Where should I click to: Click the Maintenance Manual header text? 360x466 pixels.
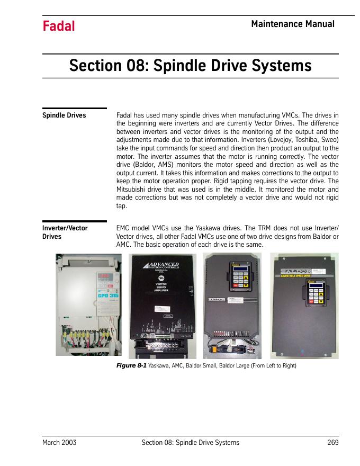(x=292, y=24)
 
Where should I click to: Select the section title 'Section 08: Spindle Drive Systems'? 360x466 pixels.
(x=190, y=66)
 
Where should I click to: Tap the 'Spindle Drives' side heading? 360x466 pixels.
(x=64, y=115)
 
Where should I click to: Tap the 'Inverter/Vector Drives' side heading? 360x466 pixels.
(x=65, y=232)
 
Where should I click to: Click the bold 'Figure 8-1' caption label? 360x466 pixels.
(x=131, y=366)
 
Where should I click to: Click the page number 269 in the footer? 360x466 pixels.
(x=332, y=442)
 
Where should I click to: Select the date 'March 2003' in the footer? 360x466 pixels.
(x=59, y=442)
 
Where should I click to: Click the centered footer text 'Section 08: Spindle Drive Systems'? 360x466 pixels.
(x=191, y=442)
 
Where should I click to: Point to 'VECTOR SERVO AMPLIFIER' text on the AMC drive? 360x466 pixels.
(x=160, y=287)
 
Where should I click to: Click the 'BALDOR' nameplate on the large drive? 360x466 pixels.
(x=305, y=268)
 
